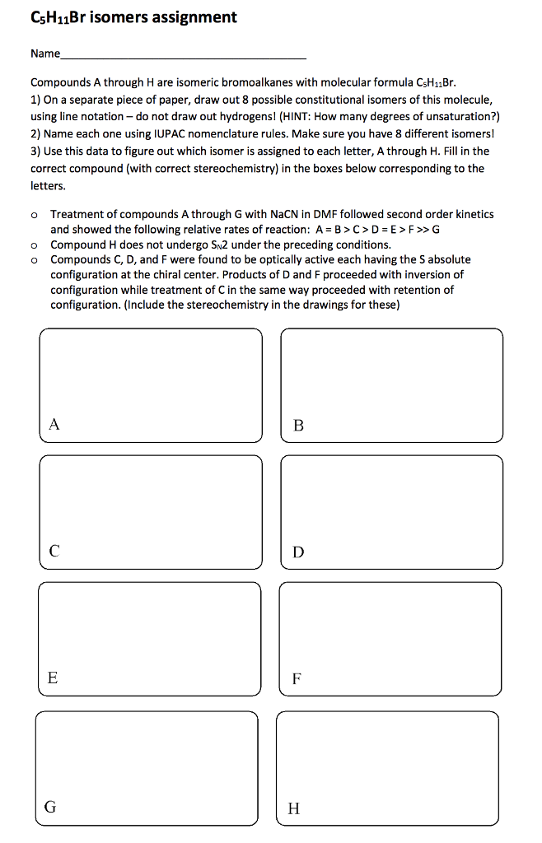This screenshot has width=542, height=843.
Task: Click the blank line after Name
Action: pos(184,57)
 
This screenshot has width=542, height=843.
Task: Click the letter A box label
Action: pos(54,425)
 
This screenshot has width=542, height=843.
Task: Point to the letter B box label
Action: pos(298,426)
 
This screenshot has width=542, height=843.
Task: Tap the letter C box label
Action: pos(54,552)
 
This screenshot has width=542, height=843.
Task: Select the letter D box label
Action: pos(298,552)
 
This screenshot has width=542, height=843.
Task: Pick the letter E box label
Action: pos(54,678)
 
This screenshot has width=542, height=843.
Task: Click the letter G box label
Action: pos(51,807)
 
